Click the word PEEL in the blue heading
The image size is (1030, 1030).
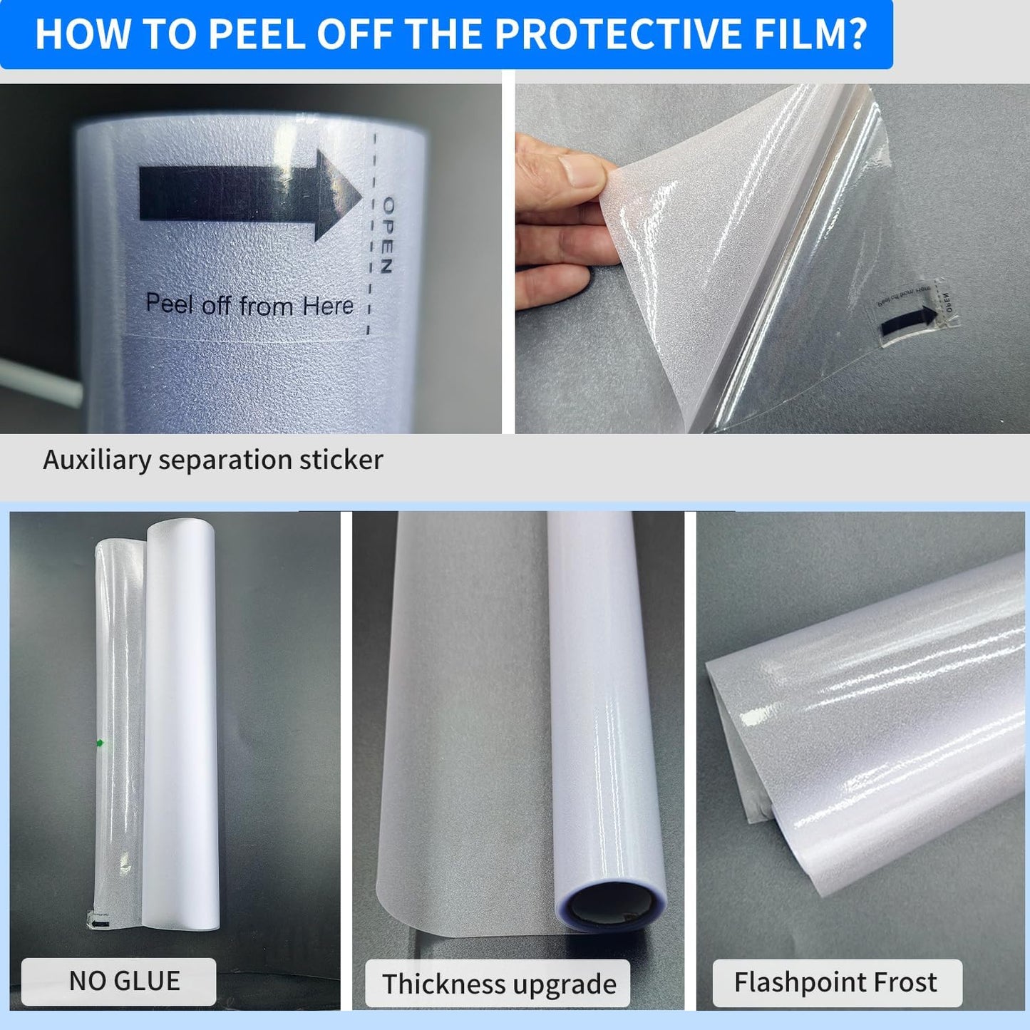point(259,34)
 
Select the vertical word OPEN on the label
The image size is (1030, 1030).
point(387,236)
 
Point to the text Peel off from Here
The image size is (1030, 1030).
point(249,305)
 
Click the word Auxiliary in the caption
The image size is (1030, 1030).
point(97,460)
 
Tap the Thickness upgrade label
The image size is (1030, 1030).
point(498,984)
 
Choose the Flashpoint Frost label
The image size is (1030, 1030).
point(836,982)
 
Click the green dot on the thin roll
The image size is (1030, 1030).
point(100,743)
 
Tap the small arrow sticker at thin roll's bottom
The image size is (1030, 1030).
point(101,925)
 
